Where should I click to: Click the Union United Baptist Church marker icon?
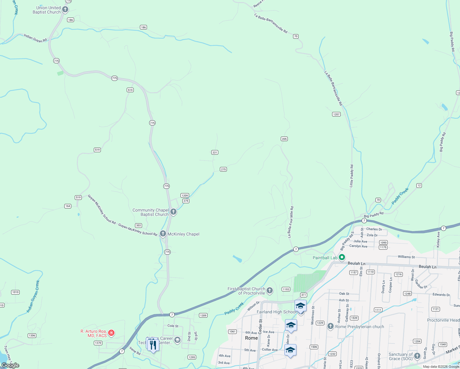[65, 10]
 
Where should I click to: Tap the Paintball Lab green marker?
[342, 257]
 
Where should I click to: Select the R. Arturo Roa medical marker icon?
[111, 333]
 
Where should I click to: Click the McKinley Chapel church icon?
[163, 234]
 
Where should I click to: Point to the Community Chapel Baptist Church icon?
[173, 212]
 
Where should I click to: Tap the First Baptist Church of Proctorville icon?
[270, 290]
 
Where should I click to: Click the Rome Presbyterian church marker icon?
[331, 326]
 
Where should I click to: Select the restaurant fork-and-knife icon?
[153, 345]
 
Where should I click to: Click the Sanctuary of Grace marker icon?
[417, 356]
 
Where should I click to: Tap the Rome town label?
[251, 338]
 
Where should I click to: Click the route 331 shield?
[215, 153]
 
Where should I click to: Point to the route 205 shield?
[284, 139]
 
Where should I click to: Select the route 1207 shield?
[336, 114]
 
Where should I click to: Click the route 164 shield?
[68, 206]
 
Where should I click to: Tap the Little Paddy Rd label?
[351, 176]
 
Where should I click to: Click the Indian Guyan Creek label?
[33, 296]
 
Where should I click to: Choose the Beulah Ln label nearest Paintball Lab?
[356, 264]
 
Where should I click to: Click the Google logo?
[10, 365]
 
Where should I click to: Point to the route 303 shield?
[138, 225]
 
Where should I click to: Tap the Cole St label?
[173, 326]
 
